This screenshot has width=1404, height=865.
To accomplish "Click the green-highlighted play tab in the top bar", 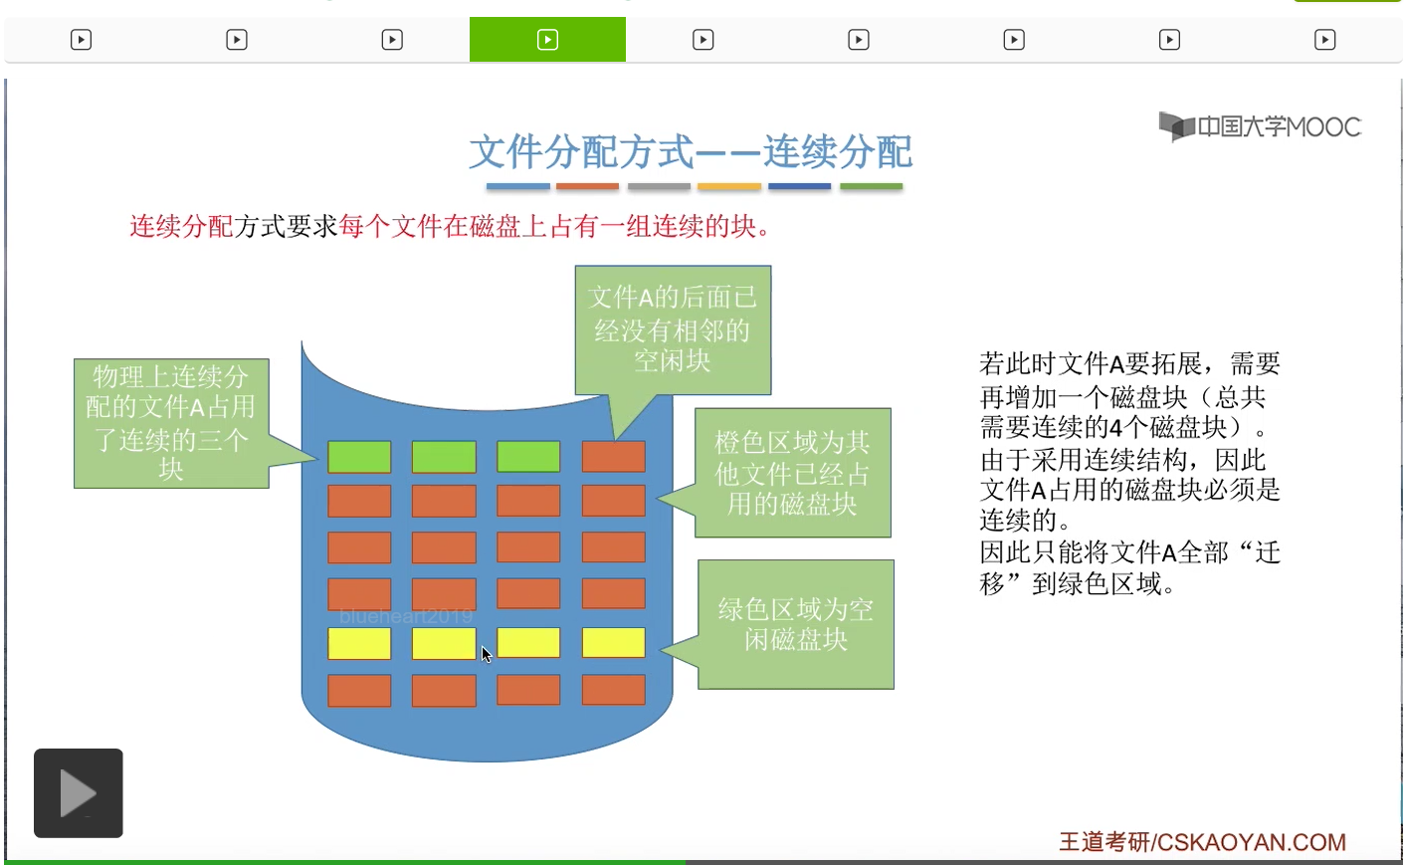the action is [x=547, y=40].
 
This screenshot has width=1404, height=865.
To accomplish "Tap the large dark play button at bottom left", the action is [x=79, y=793].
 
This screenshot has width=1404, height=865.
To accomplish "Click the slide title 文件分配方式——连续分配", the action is [x=691, y=151].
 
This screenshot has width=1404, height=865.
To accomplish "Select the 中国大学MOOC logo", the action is [x=1260, y=126].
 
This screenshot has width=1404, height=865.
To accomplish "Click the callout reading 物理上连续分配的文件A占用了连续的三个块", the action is [x=171, y=423].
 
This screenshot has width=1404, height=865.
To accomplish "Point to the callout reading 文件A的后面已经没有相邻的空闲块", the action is [x=673, y=330].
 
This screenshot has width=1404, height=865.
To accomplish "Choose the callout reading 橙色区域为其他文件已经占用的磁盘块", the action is [x=792, y=473].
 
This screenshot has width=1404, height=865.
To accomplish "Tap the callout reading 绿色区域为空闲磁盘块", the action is [x=795, y=624].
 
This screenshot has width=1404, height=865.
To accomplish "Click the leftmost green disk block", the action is [x=359, y=456].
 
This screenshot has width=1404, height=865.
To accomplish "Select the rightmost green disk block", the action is [x=528, y=456].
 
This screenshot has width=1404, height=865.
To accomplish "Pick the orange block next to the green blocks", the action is [x=614, y=456].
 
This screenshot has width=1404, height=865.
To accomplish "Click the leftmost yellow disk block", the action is [x=359, y=643].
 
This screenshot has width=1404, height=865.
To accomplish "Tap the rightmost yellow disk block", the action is [x=614, y=643].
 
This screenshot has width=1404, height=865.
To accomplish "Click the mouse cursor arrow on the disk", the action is [x=487, y=653].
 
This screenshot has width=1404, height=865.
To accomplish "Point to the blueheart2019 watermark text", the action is [x=406, y=616].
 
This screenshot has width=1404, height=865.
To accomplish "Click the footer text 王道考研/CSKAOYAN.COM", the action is [x=1202, y=842].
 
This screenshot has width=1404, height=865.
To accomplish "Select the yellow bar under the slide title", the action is [x=729, y=186].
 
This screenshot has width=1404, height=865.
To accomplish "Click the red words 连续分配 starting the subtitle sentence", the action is [x=182, y=226].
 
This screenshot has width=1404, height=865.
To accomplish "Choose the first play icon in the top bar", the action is [x=81, y=40].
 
